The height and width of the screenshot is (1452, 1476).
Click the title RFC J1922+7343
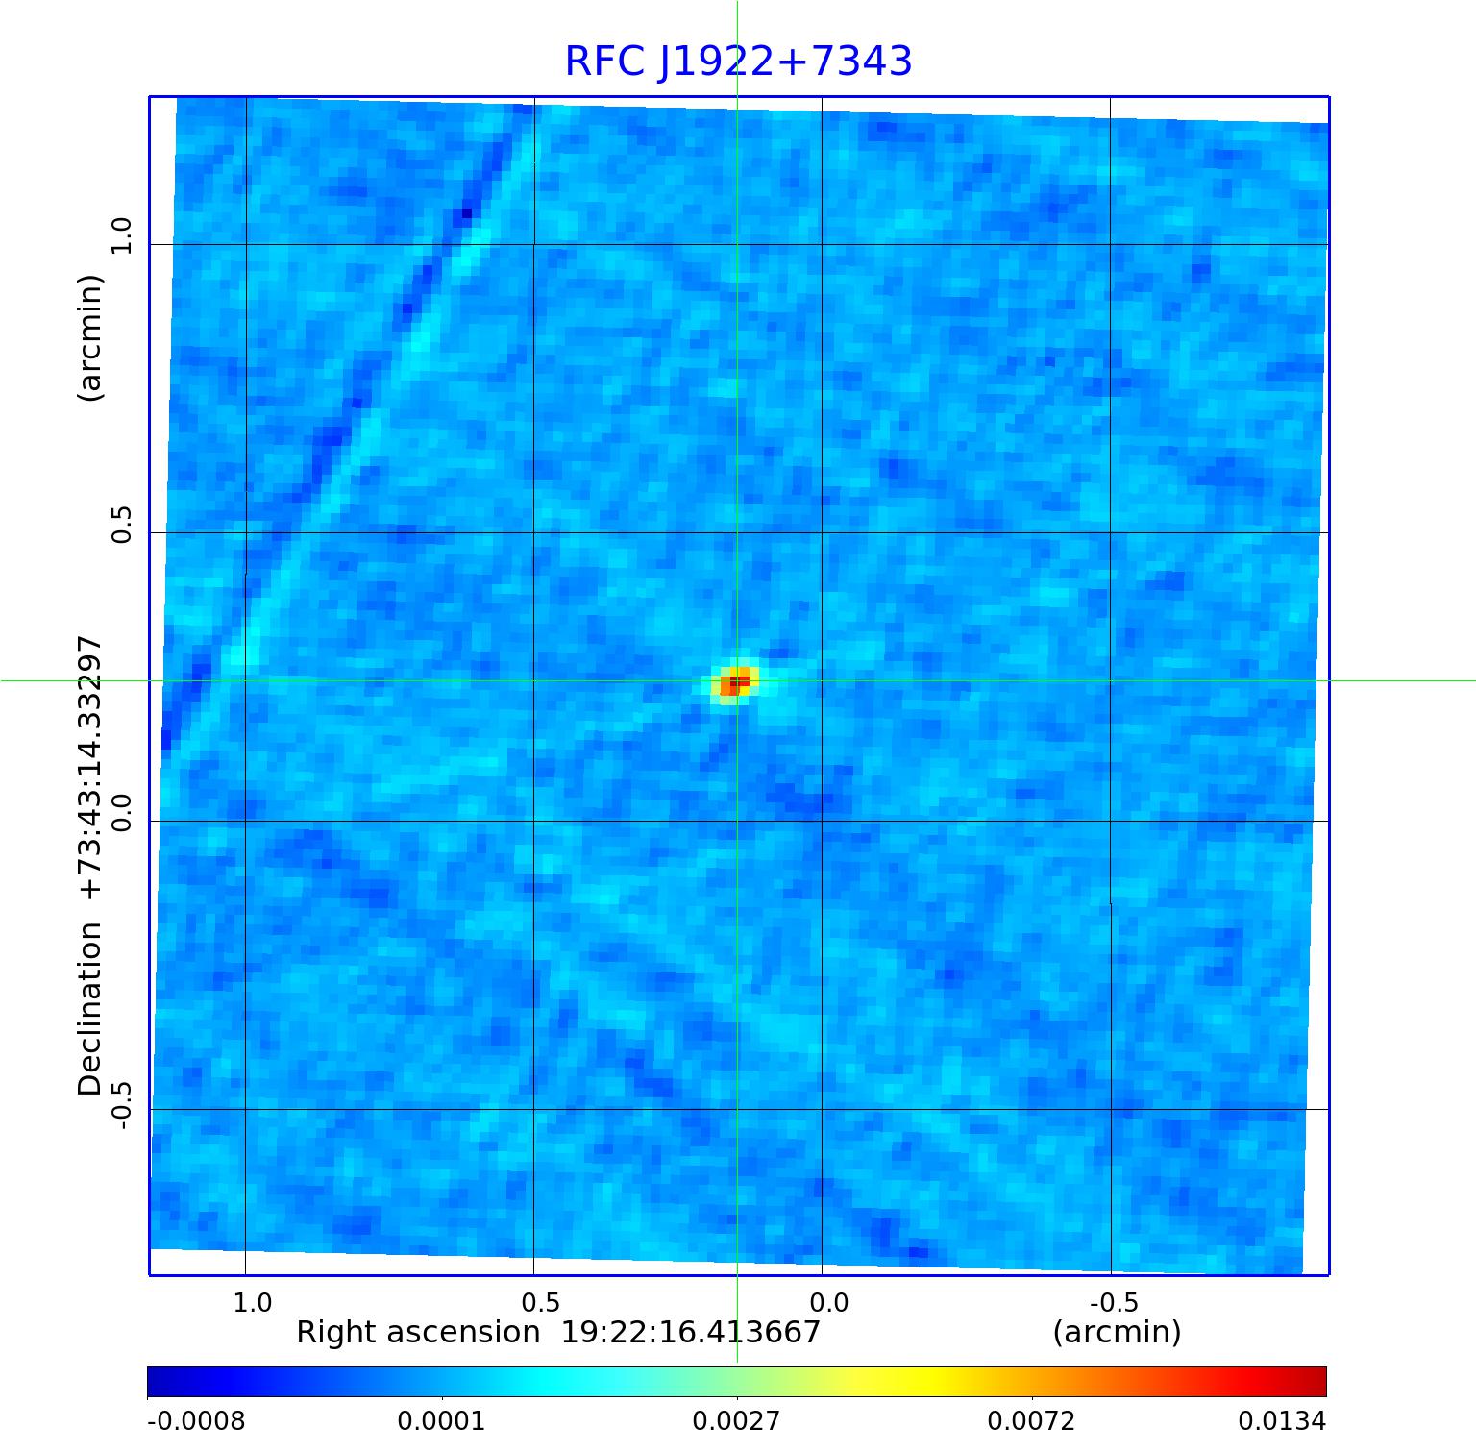click(x=738, y=62)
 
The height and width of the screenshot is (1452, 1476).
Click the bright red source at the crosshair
click(x=736, y=682)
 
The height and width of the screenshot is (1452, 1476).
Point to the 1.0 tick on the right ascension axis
click(x=253, y=1302)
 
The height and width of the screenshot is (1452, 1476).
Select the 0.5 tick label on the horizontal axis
click(x=540, y=1302)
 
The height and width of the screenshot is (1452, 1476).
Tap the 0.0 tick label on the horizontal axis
click(x=828, y=1302)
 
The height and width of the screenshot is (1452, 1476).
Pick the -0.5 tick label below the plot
click(x=1114, y=1302)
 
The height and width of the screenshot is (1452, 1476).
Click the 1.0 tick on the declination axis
click(x=121, y=235)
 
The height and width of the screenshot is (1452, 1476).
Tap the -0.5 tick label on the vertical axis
click(x=121, y=1102)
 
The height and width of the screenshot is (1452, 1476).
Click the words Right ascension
click(x=418, y=1333)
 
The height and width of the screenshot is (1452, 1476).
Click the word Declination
click(x=90, y=1009)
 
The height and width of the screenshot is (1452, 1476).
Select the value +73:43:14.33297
click(x=90, y=768)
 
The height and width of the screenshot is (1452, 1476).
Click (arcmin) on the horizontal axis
click(x=1117, y=1333)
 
